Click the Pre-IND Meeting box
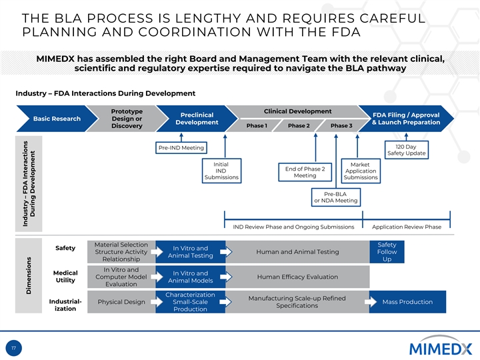[x=181, y=147]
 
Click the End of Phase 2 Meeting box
[x=305, y=172]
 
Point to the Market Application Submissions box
[x=361, y=171]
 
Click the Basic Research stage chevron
[x=57, y=119]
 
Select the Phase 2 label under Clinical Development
[x=299, y=125]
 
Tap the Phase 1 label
[x=257, y=125]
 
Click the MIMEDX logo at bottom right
[x=440, y=347]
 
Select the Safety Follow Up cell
[x=387, y=252]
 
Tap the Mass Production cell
[x=407, y=302]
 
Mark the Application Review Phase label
[x=406, y=227]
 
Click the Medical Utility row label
[x=65, y=277]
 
